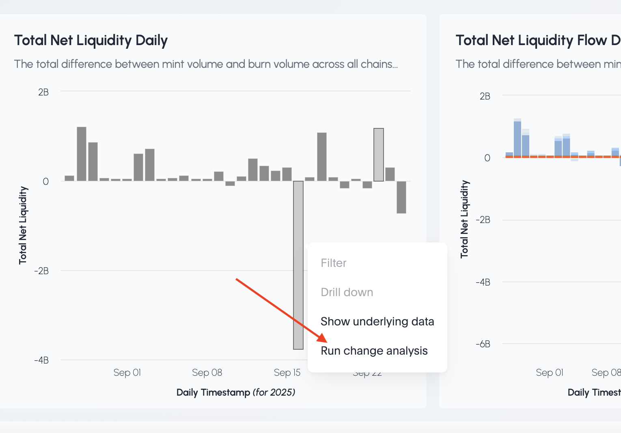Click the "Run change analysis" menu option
click(x=374, y=351)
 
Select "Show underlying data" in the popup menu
click(x=377, y=321)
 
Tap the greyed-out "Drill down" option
click(x=347, y=292)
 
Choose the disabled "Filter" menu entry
click(x=333, y=263)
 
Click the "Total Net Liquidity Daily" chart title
click(x=91, y=40)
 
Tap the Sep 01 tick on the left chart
click(x=127, y=372)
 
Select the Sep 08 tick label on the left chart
click(x=207, y=372)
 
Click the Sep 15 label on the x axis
click(x=287, y=372)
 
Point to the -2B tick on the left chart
click(x=41, y=271)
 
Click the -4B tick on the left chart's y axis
click(x=41, y=360)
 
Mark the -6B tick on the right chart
click(x=483, y=344)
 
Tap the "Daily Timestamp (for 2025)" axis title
click(x=235, y=392)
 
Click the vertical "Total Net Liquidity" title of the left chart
click(x=23, y=225)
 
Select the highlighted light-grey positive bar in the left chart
click(x=379, y=154)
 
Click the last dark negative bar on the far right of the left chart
click(x=401, y=197)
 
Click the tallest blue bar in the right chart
click(x=517, y=138)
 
